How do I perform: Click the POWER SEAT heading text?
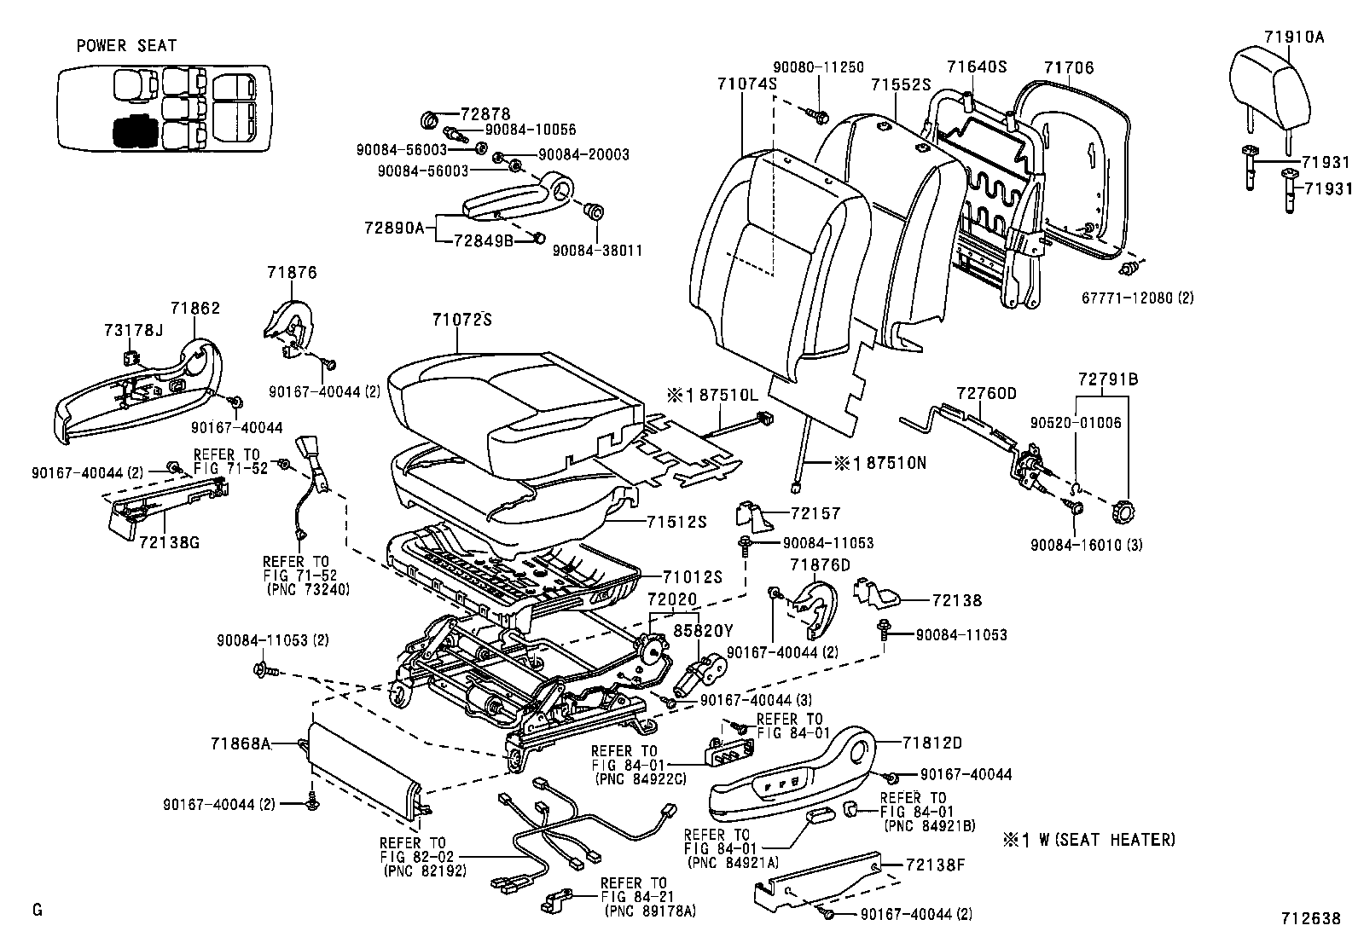click(x=126, y=46)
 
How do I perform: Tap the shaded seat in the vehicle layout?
click(x=131, y=130)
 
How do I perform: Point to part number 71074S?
click(x=746, y=84)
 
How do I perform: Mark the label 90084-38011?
click(x=597, y=251)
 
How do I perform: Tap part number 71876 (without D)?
click(x=291, y=273)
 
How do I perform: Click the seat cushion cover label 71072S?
click(x=462, y=320)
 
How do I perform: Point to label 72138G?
click(x=168, y=541)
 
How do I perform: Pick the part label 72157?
click(x=815, y=513)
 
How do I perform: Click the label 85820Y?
click(x=703, y=631)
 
